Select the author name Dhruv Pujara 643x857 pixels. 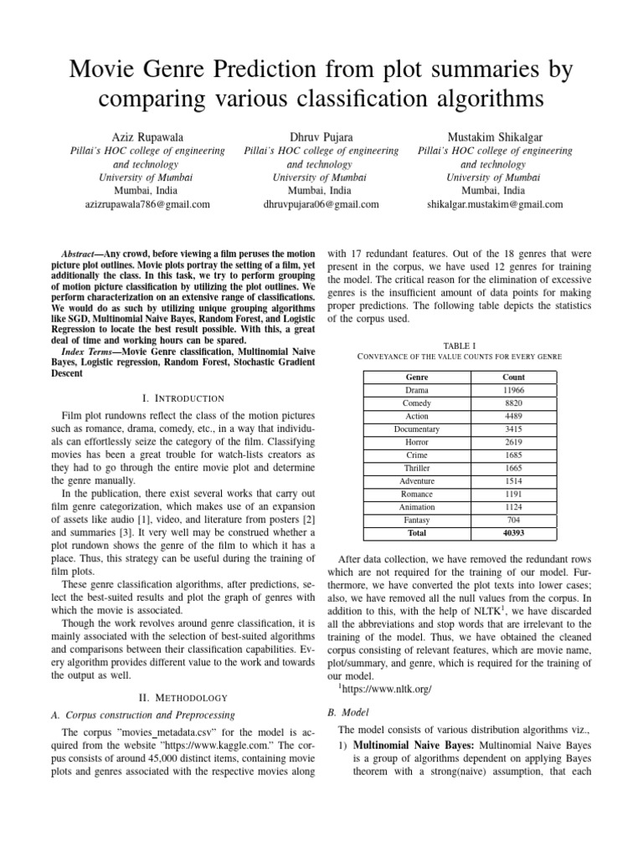tap(321, 136)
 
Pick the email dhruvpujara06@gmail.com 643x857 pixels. tap(321, 203)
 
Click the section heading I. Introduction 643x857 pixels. tap(181, 398)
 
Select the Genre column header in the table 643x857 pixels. tap(416, 377)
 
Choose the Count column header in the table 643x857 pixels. tap(513, 377)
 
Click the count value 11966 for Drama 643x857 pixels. tap(513, 391)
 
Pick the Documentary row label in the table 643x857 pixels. tap(416, 429)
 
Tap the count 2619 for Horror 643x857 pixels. tap(513, 442)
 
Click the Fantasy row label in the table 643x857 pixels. tap(416, 519)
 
